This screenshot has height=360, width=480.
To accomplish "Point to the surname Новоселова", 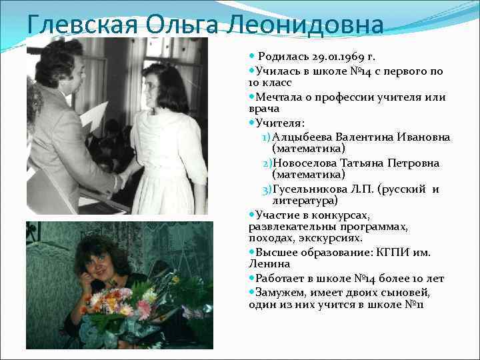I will (313, 163).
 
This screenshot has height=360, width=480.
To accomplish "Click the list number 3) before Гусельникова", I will (267, 189).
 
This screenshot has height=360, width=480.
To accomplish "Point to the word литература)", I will (305, 200).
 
